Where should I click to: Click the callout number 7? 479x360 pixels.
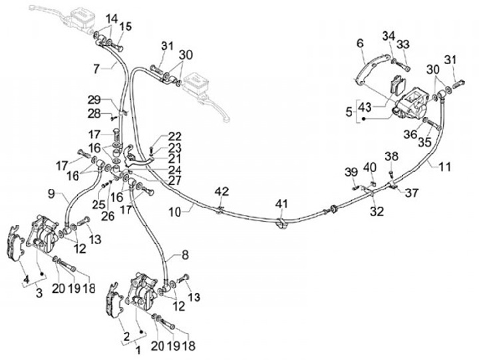click(x=96, y=69)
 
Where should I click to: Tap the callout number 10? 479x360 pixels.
click(x=175, y=212)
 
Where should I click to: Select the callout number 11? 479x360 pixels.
click(x=444, y=167)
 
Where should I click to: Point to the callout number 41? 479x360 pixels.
click(x=281, y=204)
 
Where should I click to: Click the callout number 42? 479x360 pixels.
click(x=222, y=192)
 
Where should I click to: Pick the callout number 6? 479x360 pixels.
click(x=360, y=43)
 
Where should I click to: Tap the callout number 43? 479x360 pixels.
click(x=365, y=107)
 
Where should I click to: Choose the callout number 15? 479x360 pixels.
click(x=125, y=26)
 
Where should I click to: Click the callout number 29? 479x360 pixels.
click(x=94, y=100)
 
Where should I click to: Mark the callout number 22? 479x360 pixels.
click(x=174, y=136)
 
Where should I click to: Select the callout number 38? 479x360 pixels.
click(x=391, y=156)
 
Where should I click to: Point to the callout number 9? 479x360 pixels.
click(x=52, y=194)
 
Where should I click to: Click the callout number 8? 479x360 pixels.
click(x=186, y=255)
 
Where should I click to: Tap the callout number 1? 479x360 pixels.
click(x=138, y=350)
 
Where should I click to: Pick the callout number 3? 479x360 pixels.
click(x=39, y=293)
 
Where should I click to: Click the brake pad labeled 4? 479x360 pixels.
click(x=15, y=244)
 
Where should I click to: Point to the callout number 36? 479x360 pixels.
click(x=410, y=134)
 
